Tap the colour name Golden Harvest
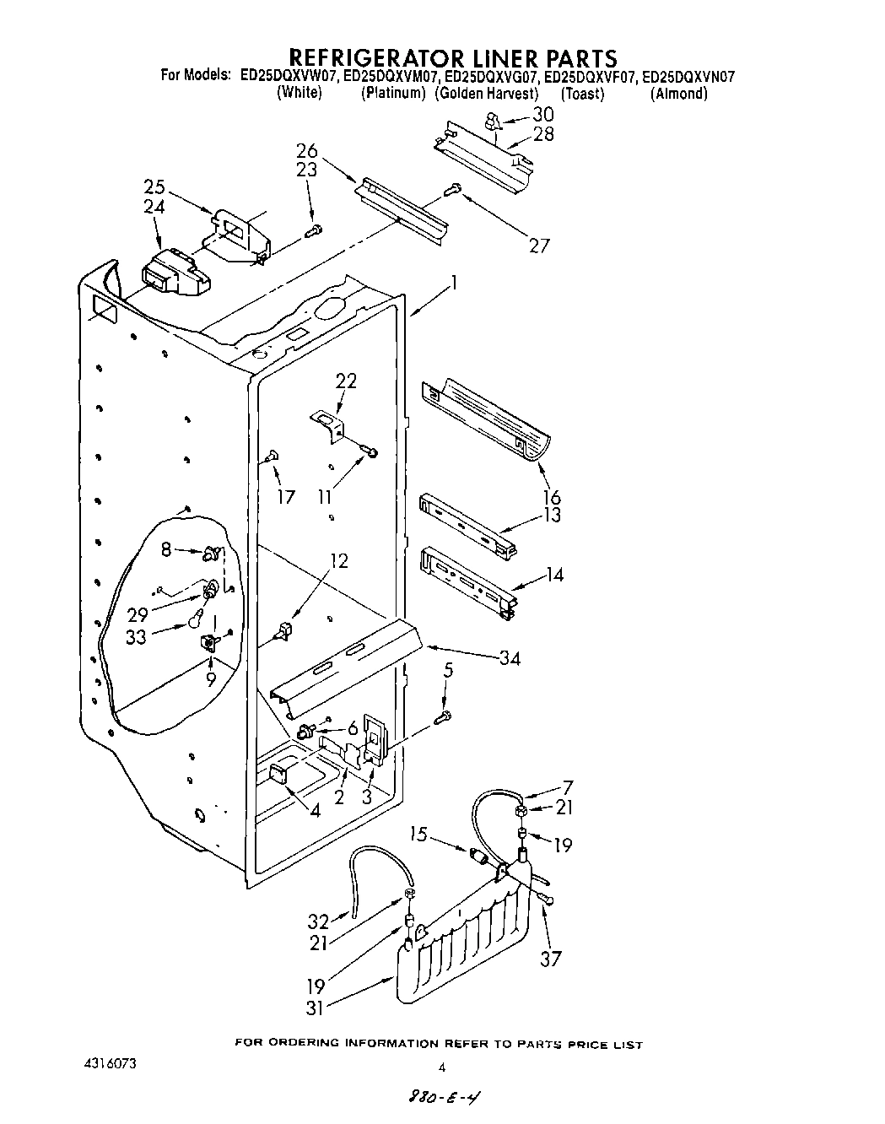click(487, 93)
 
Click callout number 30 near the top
click(542, 115)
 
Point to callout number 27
click(538, 245)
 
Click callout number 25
click(154, 187)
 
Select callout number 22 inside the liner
click(346, 381)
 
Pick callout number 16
click(553, 496)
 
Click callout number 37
click(550, 958)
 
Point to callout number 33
click(136, 637)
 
